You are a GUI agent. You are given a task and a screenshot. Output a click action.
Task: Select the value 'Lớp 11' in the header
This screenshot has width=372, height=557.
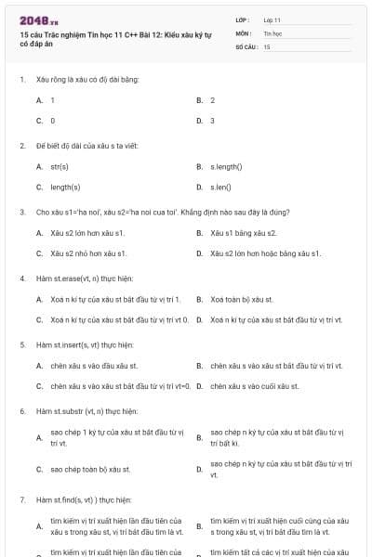pyautogui.click(x=272, y=19)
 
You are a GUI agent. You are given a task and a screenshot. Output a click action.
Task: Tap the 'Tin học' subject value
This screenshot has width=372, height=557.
pyautogui.click(x=272, y=32)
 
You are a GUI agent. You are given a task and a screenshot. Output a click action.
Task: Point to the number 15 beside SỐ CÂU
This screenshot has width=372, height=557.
pyautogui.click(x=267, y=45)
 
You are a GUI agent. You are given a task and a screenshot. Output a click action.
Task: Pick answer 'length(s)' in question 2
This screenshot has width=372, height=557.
pyautogui.click(x=65, y=187)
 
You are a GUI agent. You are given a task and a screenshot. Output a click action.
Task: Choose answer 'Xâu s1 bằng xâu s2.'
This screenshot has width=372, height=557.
pyautogui.click(x=244, y=232)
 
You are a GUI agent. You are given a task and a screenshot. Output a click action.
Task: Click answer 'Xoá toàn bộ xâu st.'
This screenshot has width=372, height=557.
pyautogui.click(x=242, y=299)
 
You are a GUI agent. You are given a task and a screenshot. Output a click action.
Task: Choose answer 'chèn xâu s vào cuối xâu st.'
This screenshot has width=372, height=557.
pyautogui.click(x=255, y=385)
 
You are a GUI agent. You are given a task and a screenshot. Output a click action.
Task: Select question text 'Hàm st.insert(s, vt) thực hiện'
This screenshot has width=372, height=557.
pyautogui.click(x=85, y=344)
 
